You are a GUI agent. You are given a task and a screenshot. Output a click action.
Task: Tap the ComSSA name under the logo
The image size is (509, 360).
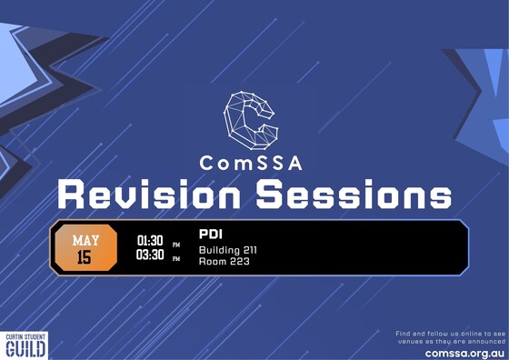click(252, 164)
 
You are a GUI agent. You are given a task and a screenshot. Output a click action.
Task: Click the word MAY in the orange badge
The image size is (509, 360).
click(86, 240)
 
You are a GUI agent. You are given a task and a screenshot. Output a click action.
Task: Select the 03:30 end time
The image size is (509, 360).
click(149, 256)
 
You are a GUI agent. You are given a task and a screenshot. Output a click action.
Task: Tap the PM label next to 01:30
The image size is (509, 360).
click(176, 244)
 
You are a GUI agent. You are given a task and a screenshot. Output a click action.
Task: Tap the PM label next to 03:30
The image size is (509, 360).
click(176, 259)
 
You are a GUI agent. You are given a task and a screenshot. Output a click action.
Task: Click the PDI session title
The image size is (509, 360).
click(211, 234)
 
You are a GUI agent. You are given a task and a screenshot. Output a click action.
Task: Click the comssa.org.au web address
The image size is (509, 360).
click(464, 352)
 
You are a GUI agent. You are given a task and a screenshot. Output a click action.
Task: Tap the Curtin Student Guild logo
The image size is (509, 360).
click(25, 345)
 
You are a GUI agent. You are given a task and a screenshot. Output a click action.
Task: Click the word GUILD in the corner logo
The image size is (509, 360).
click(25, 350)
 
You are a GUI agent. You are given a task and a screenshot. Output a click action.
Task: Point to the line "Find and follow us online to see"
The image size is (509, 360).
click(450, 334)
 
